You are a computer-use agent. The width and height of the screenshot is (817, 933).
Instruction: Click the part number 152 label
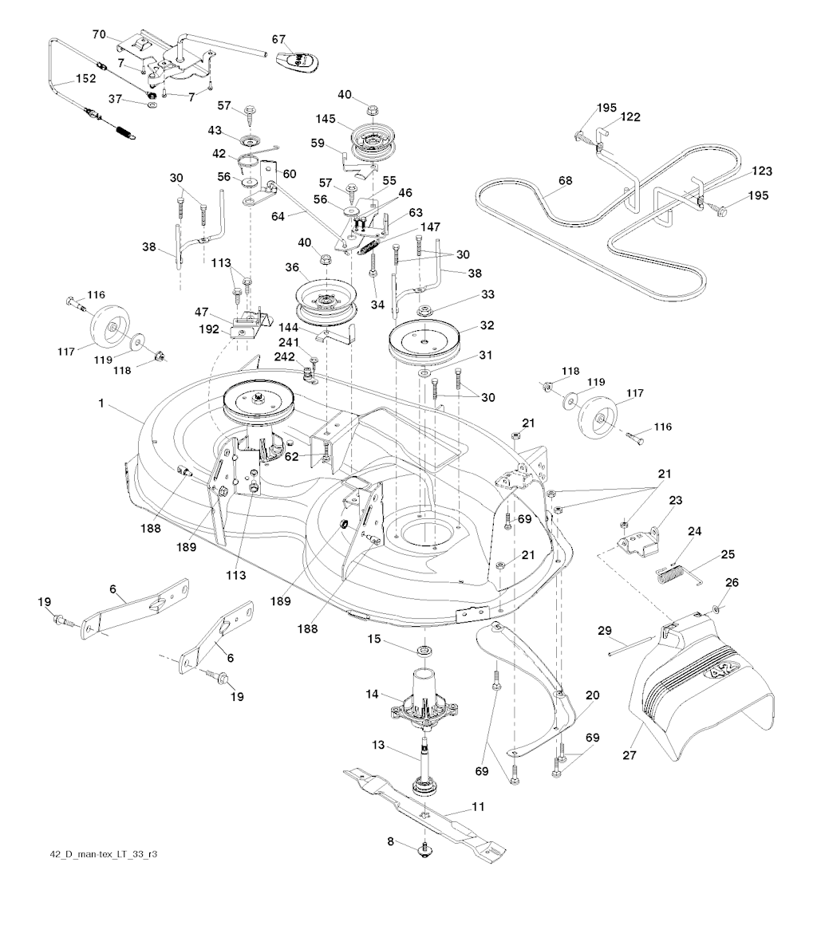coord(85,79)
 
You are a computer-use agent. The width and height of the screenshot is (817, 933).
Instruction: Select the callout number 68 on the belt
coord(565,181)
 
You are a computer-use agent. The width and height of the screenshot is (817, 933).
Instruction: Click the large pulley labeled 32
coord(427,341)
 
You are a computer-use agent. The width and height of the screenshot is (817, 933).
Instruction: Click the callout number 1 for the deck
coord(101,404)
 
